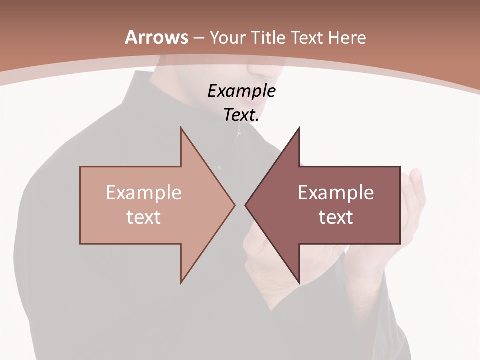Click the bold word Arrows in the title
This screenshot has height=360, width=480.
pos(156,37)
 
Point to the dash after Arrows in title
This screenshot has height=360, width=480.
pos(198,38)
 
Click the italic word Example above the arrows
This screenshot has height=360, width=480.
pos(241,91)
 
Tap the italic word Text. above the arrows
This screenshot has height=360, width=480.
pos(241,115)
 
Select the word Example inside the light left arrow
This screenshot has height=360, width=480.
pos(144,192)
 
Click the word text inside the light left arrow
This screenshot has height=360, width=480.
pos(144,217)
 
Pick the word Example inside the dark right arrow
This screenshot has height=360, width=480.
pos(336,192)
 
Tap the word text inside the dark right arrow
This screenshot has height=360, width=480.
pos(336,217)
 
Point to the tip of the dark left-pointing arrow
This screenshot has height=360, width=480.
pos(246,205)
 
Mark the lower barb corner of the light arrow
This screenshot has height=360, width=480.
pos(181,282)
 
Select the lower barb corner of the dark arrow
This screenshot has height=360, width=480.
pos(299,282)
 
